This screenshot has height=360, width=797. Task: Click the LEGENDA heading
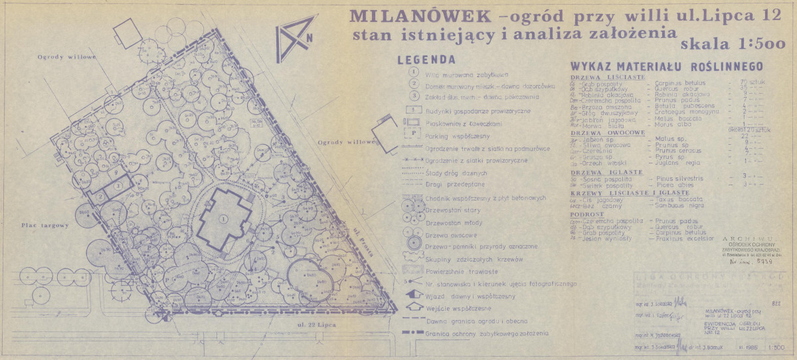click(x=425, y=59)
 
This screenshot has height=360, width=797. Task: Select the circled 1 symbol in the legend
click(x=414, y=72)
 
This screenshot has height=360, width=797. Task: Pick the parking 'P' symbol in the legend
click(x=414, y=132)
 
